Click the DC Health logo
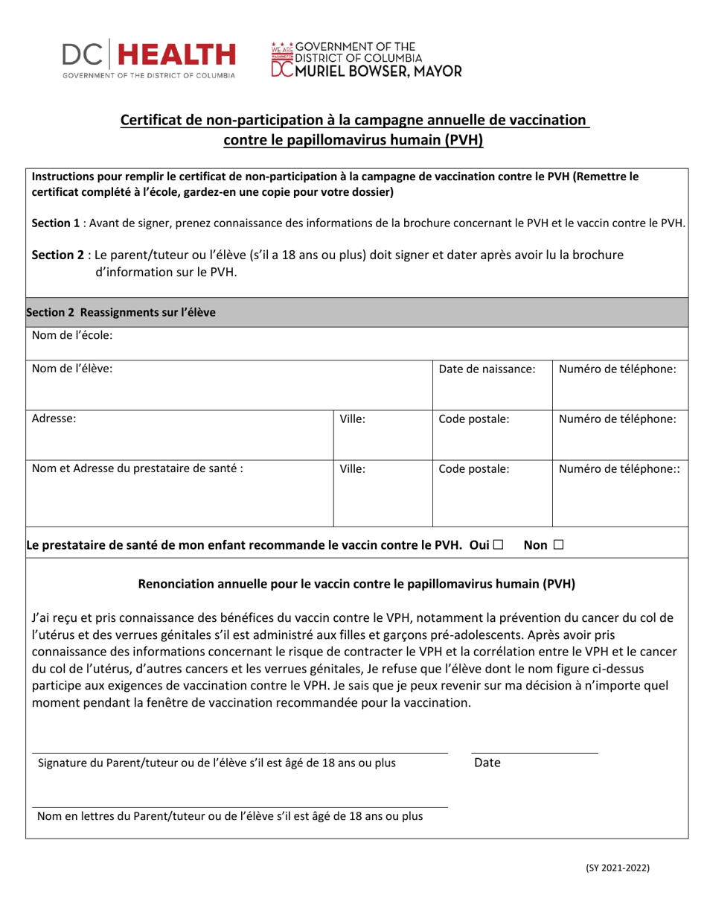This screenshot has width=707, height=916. click(x=149, y=58)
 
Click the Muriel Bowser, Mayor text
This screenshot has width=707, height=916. click(x=376, y=71)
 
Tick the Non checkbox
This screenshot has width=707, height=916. click(x=558, y=545)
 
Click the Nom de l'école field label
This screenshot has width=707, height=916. click(x=72, y=336)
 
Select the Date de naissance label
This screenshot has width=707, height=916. click(x=487, y=369)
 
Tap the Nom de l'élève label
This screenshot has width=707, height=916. click(x=72, y=369)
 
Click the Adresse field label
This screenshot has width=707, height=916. click(x=54, y=419)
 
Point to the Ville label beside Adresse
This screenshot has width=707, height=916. click(x=352, y=419)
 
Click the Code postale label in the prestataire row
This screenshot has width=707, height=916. click(x=473, y=469)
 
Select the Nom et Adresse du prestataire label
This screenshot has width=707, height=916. click(x=137, y=469)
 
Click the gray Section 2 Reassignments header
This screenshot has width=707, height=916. click(x=121, y=313)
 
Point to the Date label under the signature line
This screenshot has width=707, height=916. click(x=487, y=763)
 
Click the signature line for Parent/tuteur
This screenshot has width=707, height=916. click(x=238, y=752)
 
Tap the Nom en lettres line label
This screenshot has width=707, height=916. click(x=230, y=816)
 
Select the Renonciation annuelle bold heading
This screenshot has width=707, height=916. click(x=356, y=584)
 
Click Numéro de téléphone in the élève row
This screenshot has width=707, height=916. click(x=617, y=369)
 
